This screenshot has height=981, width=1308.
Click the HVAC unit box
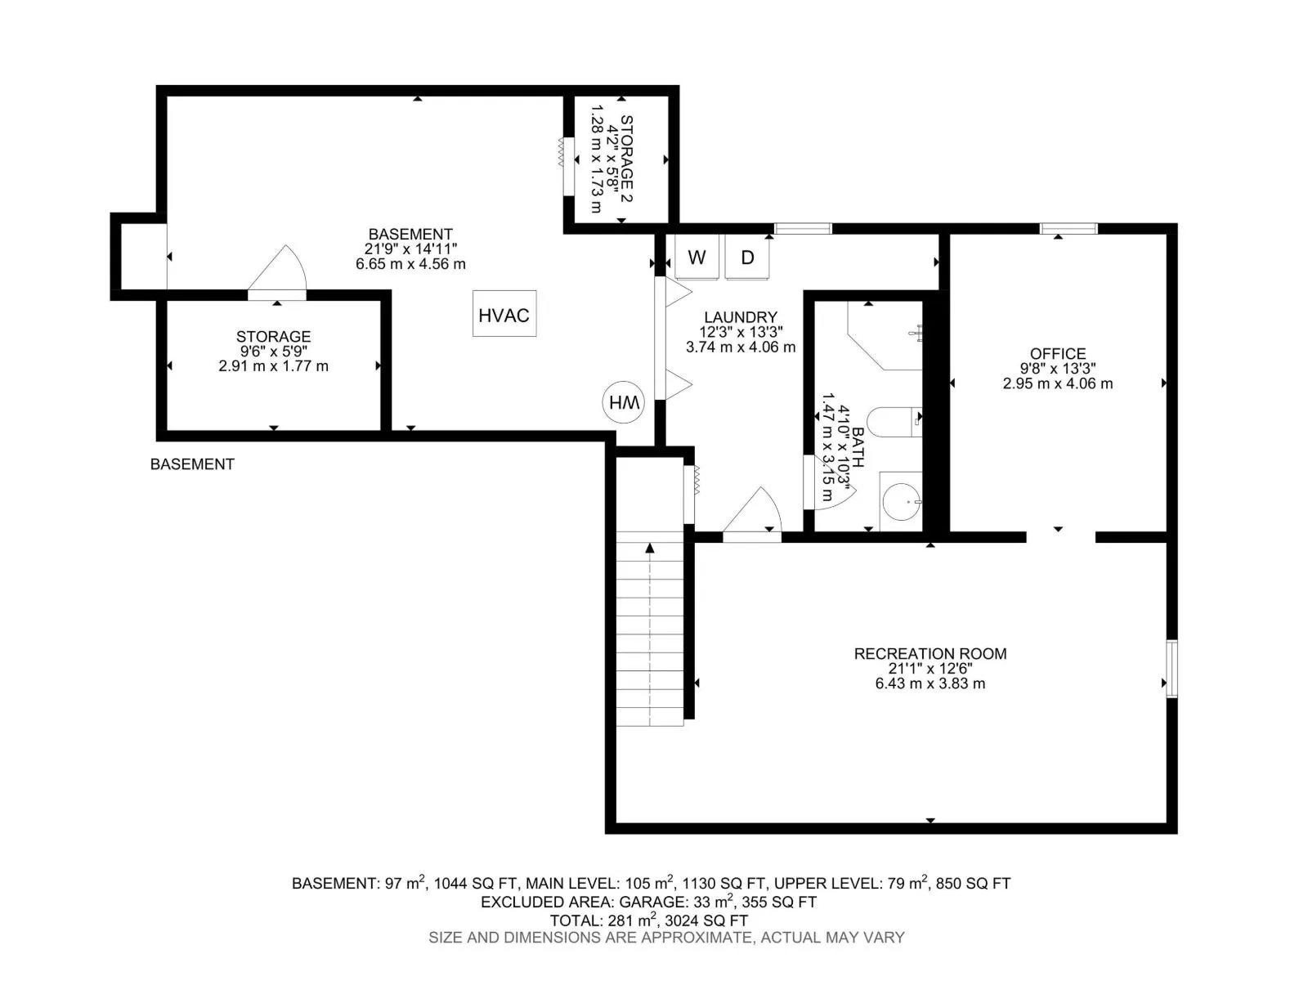[x=504, y=313]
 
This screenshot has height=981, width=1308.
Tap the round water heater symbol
[x=623, y=402]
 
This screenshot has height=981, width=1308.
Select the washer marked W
[x=697, y=257]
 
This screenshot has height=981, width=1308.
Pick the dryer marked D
[x=747, y=257]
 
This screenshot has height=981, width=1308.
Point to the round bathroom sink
[x=901, y=501]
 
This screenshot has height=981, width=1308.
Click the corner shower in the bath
[x=885, y=335]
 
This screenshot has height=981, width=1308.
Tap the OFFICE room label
[x=1058, y=354]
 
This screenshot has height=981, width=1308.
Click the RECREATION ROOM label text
[x=930, y=653]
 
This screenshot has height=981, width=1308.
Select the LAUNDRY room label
[x=741, y=317]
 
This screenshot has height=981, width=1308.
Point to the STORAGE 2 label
[x=626, y=159]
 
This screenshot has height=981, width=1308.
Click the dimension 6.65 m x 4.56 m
[x=410, y=264]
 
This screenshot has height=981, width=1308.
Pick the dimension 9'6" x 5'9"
[x=274, y=352]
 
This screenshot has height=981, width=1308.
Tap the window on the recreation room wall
[x=1171, y=668]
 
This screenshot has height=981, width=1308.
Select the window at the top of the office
[x=1068, y=229]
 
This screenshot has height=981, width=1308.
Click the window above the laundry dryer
[x=803, y=229]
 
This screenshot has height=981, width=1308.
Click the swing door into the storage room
[x=278, y=273]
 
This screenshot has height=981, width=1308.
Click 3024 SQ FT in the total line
[x=706, y=921]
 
